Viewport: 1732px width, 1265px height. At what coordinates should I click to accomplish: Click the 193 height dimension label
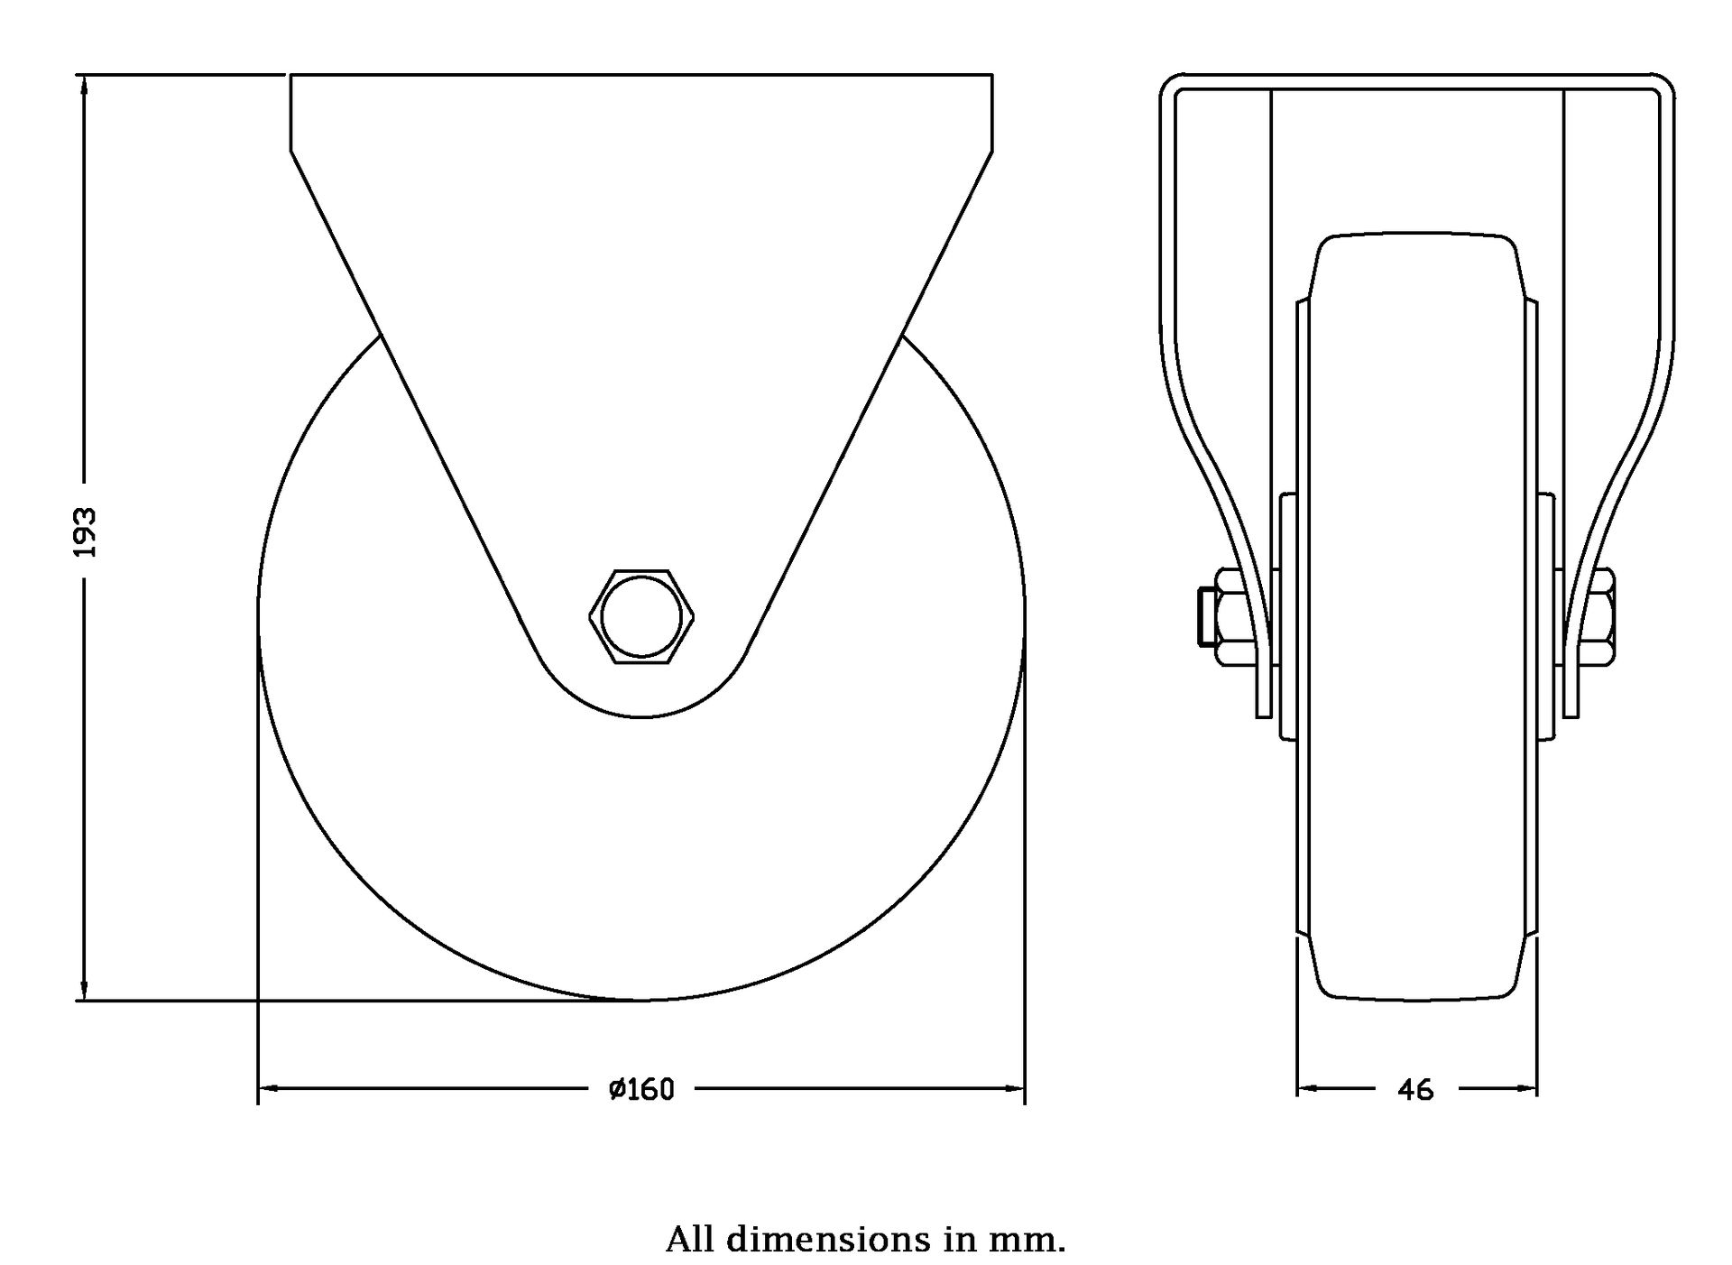[x=86, y=531]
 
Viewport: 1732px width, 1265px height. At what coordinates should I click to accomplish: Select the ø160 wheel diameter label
[x=641, y=1090]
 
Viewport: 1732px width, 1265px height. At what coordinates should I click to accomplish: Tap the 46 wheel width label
[x=1415, y=1090]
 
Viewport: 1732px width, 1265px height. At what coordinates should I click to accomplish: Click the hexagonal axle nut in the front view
[x=641, y=617]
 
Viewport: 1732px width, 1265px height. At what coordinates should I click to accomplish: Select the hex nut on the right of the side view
[x=1597, y=617]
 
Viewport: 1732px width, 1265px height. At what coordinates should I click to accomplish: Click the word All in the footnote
[x=690, y=1239]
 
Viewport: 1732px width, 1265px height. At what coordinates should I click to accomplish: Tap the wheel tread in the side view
[x=1417, y=617]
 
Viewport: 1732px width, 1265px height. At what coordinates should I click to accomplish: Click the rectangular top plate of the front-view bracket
[x=641, y=113]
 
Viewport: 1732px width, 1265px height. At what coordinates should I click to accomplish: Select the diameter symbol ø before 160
[x=617, y=1090]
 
